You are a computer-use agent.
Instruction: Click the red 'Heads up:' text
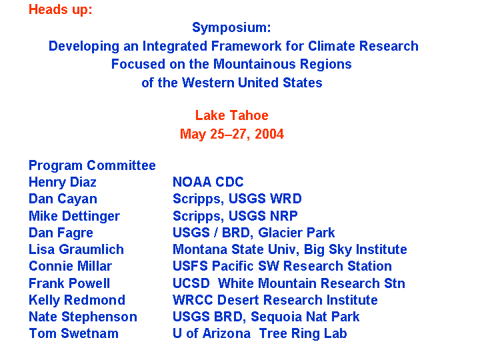pos(60,10)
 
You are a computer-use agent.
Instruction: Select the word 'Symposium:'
pos(231,27)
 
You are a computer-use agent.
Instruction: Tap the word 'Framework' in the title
pos(247,46)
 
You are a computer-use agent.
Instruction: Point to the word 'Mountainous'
pos(255,64)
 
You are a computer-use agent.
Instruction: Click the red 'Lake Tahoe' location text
pos(232,115)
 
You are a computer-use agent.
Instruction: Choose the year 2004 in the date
pos(269,134)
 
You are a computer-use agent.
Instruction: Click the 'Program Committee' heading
pos(92,165)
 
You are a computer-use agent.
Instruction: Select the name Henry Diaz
pos(63,182)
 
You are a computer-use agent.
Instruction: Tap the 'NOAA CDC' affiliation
pos(208,182)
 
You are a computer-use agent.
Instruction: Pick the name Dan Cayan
pos(63,199)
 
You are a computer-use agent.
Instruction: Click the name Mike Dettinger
pos(74,216)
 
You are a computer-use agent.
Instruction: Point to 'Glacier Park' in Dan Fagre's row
pos(296,233)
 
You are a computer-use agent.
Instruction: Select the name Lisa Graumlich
pos(76,249)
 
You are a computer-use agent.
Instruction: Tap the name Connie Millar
pos(70,266)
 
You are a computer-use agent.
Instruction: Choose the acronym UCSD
pos(191,283)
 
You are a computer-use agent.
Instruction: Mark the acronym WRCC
pos(193,300)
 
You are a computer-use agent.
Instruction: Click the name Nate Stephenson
pos(83,317)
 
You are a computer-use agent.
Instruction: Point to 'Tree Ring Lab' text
pos(303,334)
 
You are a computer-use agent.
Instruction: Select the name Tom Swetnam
pos(73,333)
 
